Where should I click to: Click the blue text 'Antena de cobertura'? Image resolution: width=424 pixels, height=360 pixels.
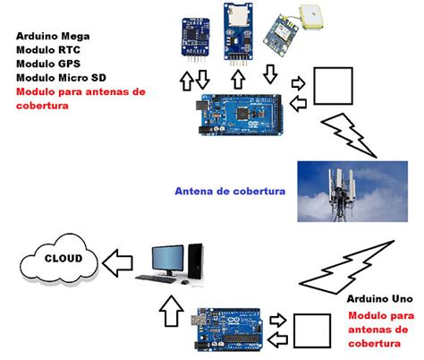229,191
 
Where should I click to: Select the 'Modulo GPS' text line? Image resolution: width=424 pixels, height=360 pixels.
47,65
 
